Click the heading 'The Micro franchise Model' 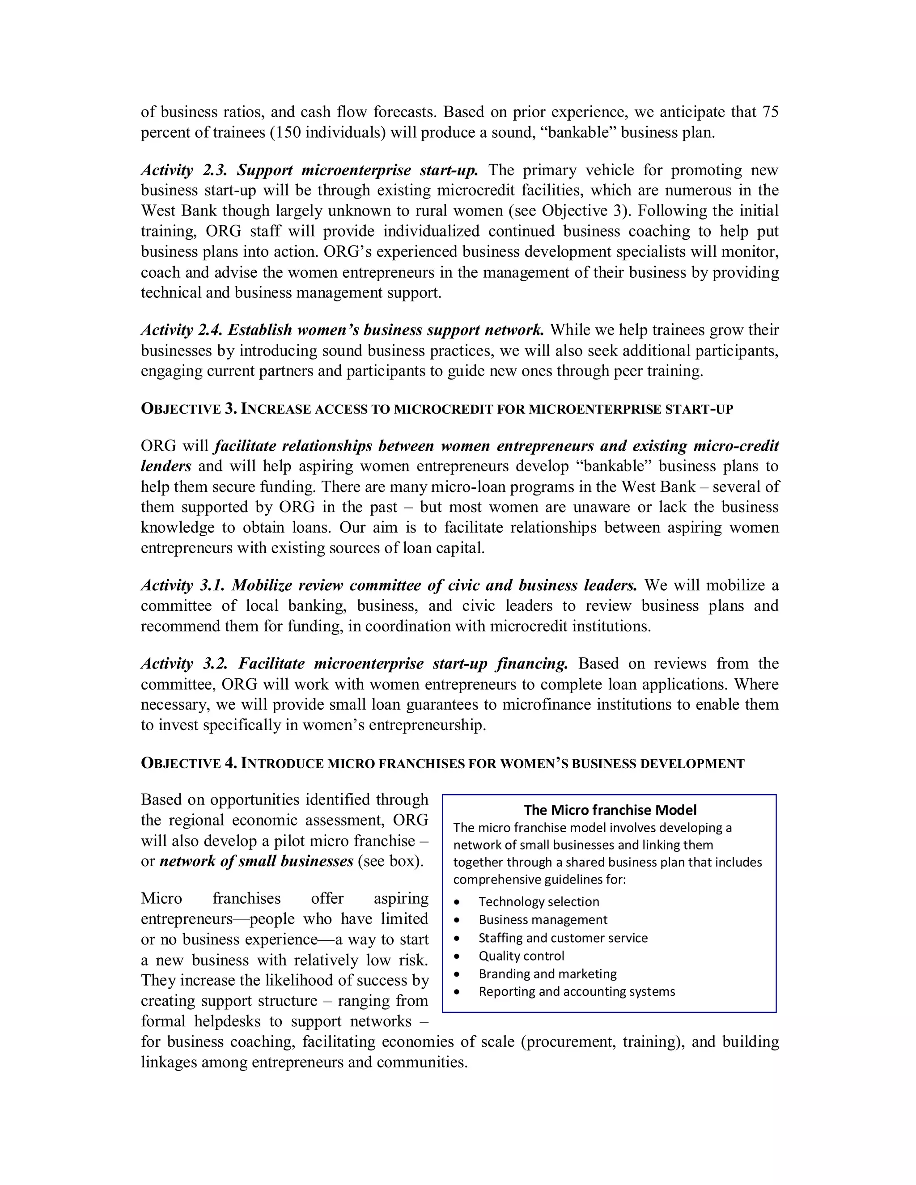610,810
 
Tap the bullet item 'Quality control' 521,956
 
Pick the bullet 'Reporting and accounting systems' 576,991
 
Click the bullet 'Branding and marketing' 547,973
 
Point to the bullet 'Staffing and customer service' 563,938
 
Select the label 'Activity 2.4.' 180,330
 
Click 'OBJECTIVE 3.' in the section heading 188,409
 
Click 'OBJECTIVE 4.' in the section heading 188,763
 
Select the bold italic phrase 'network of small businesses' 256,861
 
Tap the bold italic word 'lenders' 166,466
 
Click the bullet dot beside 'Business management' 458,920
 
